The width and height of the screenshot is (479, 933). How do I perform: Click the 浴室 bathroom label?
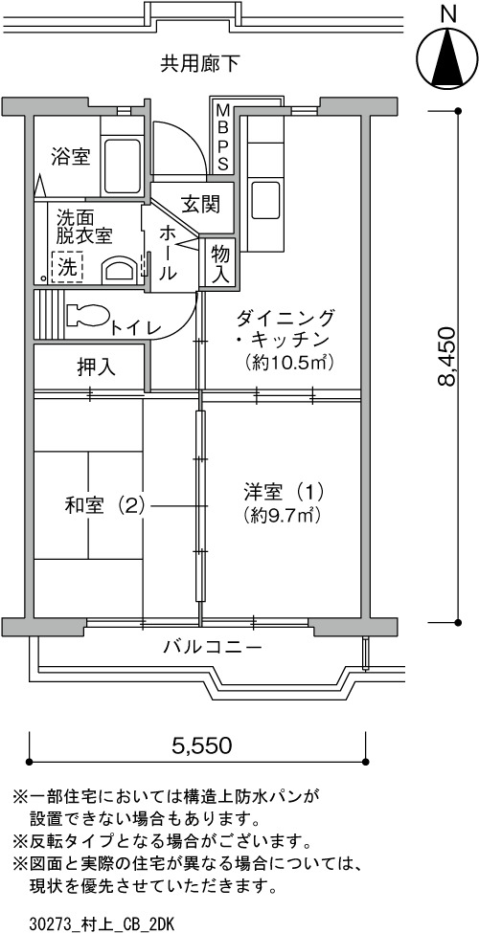[70, 157]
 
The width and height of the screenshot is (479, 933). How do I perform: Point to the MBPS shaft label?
[222, 136]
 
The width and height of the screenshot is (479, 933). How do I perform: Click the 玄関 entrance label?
[200, 204]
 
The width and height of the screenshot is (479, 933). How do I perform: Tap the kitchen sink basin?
[265, 201]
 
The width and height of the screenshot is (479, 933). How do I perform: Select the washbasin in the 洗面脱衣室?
[119, 270]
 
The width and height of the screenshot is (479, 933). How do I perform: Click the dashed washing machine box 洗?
[67, 267]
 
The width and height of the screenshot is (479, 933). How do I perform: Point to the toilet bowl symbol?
[87, 315]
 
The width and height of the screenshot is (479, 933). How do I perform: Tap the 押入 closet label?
[97, 367]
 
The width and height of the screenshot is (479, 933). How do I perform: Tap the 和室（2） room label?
[104, 506]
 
